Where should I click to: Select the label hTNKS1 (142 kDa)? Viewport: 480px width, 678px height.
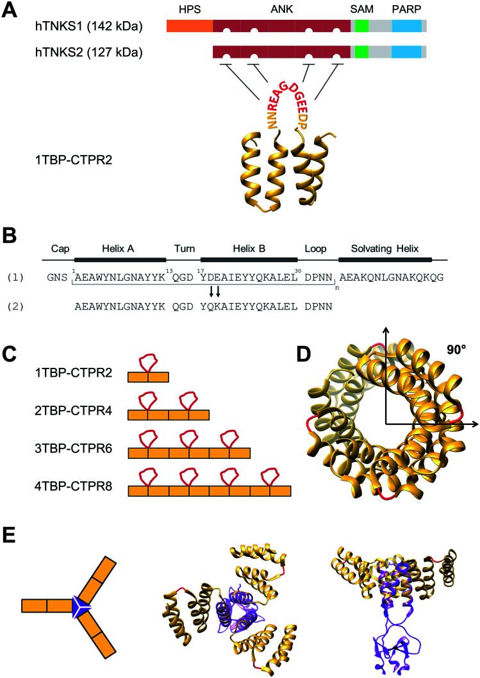[x=90, y=27]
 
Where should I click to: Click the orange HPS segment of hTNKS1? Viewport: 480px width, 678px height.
[x=189, y=26]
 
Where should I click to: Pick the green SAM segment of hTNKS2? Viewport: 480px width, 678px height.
[x=361, y=52]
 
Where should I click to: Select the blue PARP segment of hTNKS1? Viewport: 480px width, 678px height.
[x=406, y=26]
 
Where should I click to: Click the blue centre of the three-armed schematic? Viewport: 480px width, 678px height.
[x=81, y=604]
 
